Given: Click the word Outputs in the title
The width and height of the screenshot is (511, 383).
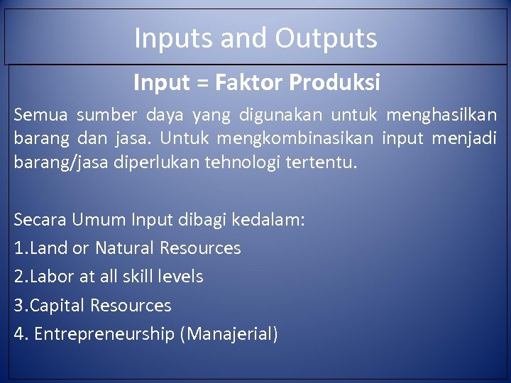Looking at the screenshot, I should tap(326, 38).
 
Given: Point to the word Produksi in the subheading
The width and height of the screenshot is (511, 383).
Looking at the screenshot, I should tap(335, 83).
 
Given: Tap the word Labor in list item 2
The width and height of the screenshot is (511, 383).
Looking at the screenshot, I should tap(49, 277).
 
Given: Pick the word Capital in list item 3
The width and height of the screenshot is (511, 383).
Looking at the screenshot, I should tap(57, 306).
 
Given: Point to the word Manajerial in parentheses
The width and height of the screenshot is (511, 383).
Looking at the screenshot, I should tap(229, 334).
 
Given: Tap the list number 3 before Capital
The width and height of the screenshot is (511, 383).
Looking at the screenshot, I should tap(18, 306).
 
